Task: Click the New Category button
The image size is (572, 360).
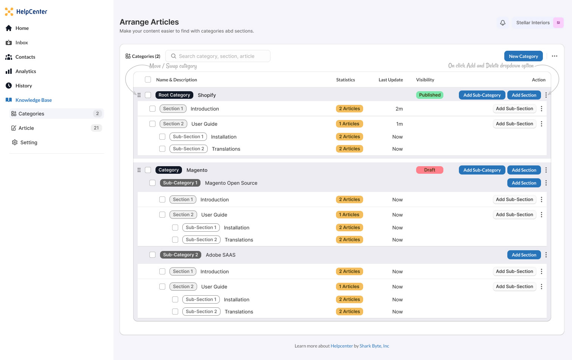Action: pos(523,56)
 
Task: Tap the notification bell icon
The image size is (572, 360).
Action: pos(502,23)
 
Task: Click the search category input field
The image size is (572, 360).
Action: pos(218,56)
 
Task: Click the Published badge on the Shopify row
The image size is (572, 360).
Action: pos(429,95)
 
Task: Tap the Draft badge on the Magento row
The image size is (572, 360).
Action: pos(429,170)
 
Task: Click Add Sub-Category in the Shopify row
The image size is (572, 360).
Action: pos(482,95)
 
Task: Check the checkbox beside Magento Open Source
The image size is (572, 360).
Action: pos(152,183)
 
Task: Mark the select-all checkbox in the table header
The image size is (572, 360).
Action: pos(148,79)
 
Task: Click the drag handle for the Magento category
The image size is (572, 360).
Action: pos(139,170)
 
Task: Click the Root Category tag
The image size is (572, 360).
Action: pos(174,95)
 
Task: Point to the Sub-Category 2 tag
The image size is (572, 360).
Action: pos(180,255)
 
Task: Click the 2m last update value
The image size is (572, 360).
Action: pos(399,109)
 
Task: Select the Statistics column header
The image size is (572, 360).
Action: pos(345,80)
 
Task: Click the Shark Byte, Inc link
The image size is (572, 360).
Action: pos(374,346)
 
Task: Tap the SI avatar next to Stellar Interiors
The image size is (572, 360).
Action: pos(558,23)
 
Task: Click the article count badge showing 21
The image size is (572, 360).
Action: pos(96,128)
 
